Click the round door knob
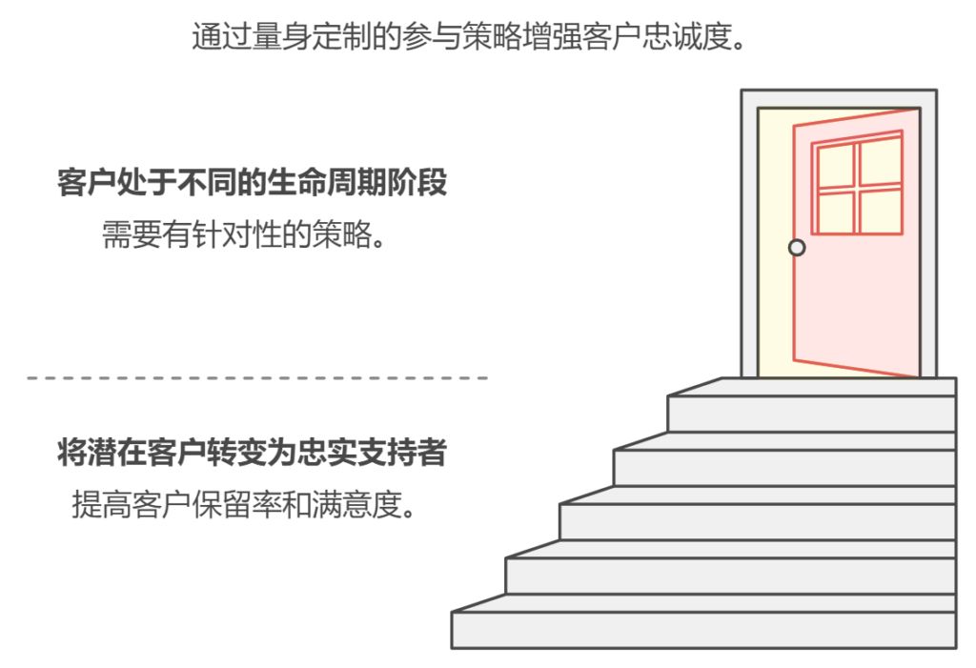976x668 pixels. (798, 248)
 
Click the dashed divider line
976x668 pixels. (257, 378)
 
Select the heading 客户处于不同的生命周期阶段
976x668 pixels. (252, 184)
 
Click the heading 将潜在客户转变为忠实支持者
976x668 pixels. (252, 455)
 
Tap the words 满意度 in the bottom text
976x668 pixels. (367, 504)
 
